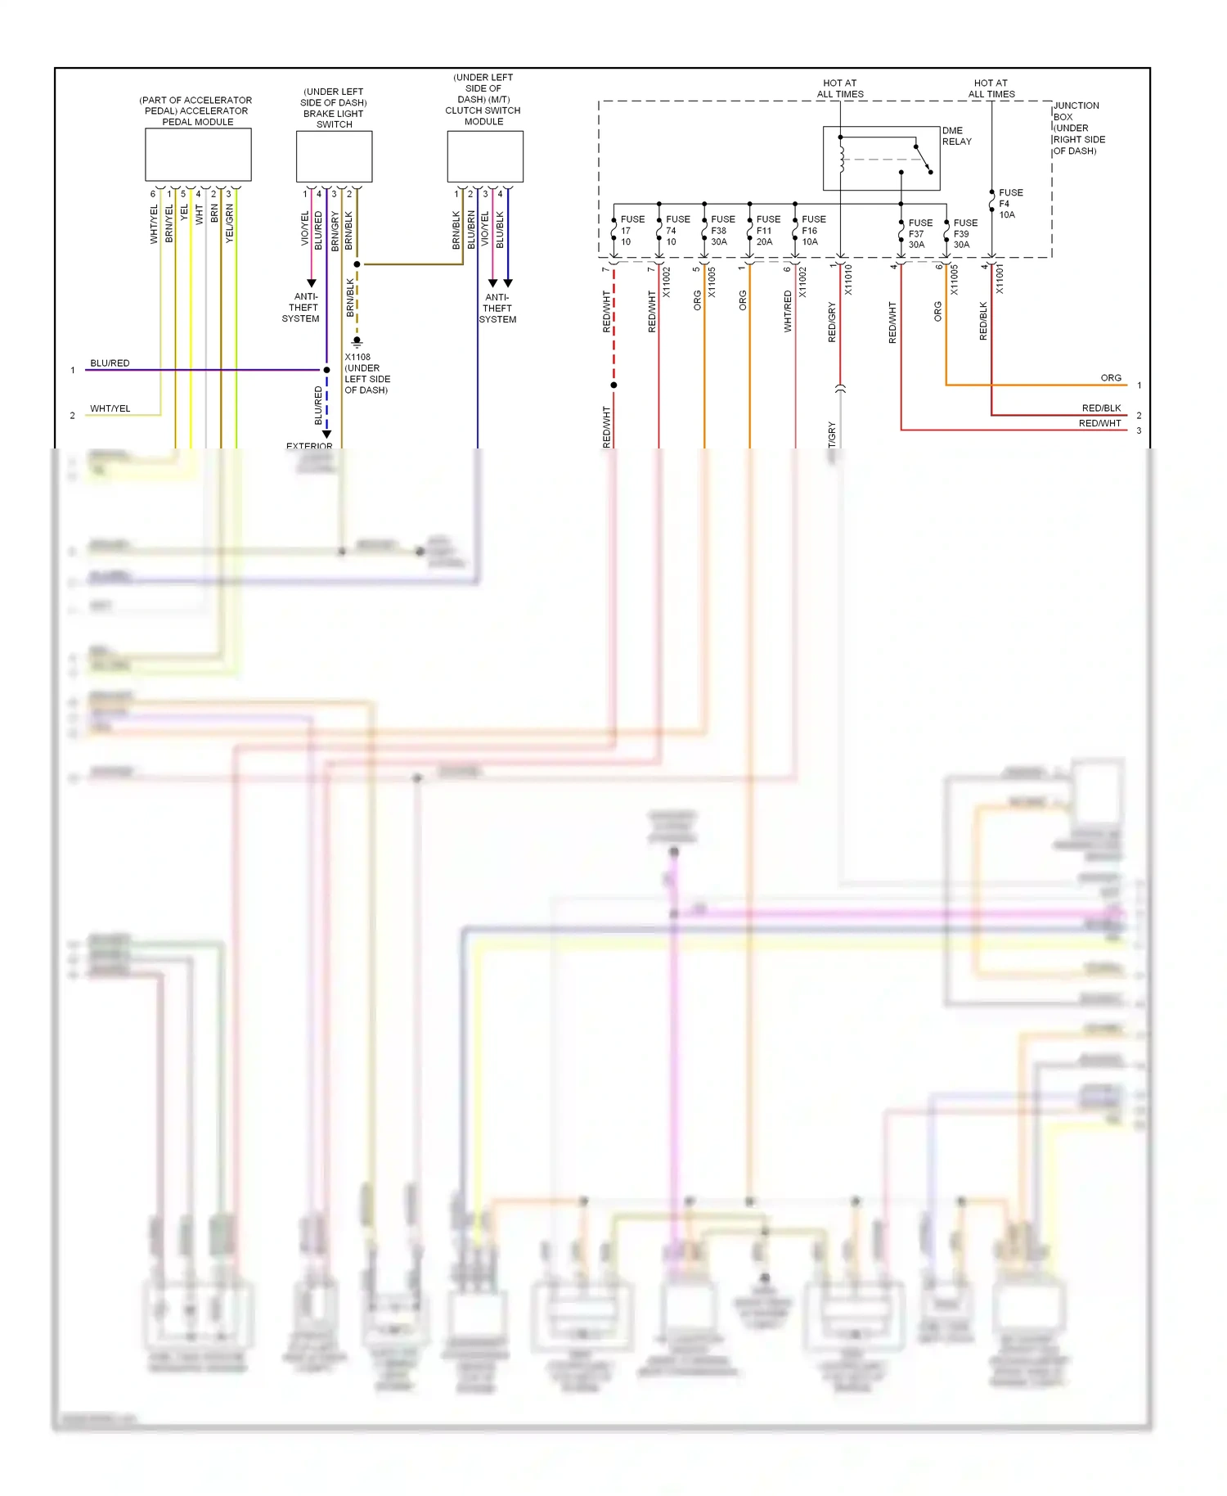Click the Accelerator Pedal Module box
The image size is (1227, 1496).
[198, 155]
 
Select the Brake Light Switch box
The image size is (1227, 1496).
[334, 156]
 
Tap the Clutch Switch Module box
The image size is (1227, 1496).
[484, 156]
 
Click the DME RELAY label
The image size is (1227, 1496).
[956, 136]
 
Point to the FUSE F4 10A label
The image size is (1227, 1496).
[1009, 204]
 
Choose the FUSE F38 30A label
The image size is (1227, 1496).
[721, 231]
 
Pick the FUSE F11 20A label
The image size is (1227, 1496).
[767, 231]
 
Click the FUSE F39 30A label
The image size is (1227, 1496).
[964, 233]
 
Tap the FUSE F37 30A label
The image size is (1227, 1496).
[919, 233]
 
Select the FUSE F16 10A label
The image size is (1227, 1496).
[813, 231]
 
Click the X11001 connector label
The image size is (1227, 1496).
[1000, 279]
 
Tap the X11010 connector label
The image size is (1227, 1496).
[848, 280]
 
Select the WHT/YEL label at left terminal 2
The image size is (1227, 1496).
[110, 408]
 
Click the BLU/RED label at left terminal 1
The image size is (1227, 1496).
[110, 363]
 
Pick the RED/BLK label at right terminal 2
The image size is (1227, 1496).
[1101, 408]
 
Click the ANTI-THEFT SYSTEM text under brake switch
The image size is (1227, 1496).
[302, 308]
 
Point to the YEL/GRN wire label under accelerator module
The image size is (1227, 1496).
[230, 223]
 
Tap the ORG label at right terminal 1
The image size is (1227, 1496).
[1110, 378]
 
